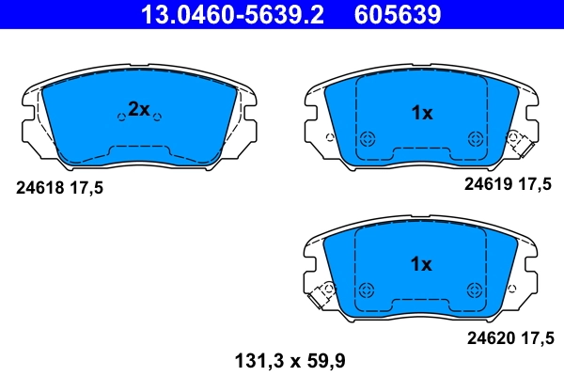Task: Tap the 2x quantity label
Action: (138, 109)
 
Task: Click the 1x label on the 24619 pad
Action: (421, 114)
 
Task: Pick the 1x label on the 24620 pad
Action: (421, 264)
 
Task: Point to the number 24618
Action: (37, 188)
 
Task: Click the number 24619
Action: (485, 185)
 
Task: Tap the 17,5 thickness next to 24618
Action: (85, 188)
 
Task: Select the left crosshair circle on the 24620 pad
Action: (368, 290)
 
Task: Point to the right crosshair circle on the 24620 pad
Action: (474, 290)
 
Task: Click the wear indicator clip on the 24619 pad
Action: (515, 141)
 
